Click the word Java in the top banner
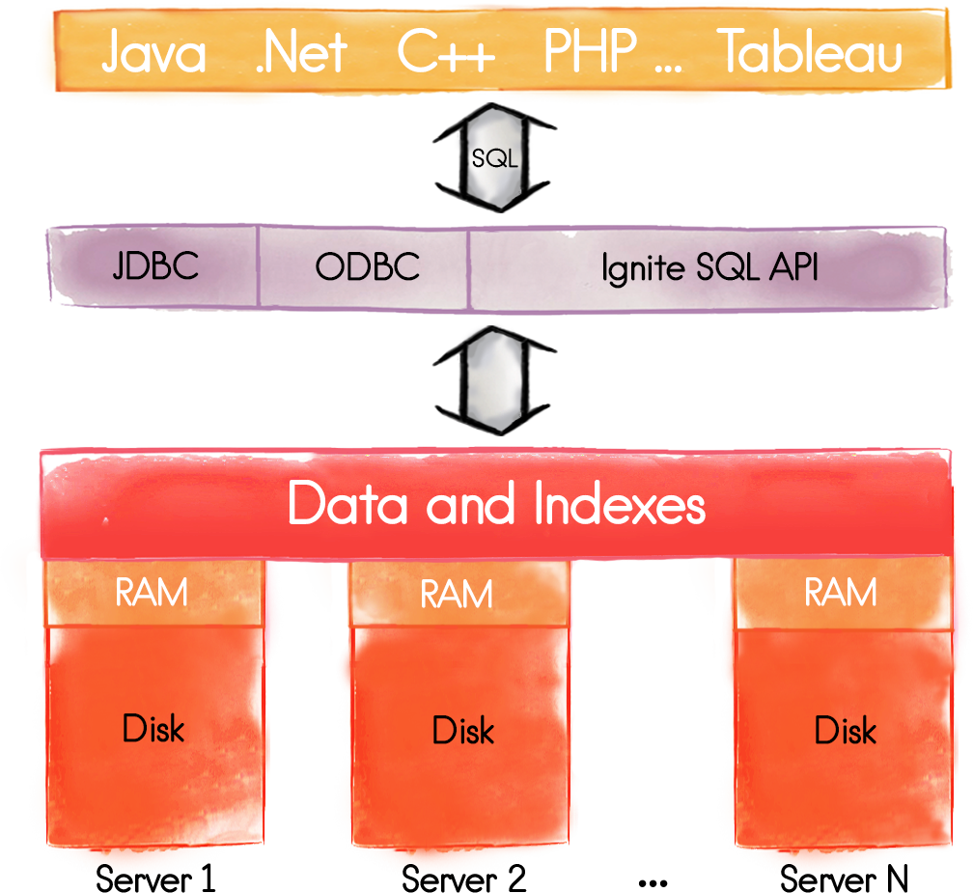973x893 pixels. click(153, 52)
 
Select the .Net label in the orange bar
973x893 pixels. click(300, 52)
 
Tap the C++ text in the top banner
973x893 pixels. click(446, 52)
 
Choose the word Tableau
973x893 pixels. click(811, 52)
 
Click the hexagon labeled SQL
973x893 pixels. click(494, 158)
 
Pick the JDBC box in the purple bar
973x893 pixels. click(155, 266)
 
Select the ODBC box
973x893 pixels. click(367, 266)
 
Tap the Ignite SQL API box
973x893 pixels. click(709, 267)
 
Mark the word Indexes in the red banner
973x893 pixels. click(618, 505)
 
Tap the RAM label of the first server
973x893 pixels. click(152, 593)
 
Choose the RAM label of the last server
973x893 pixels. click(841, 592)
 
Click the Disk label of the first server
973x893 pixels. click(153, 728)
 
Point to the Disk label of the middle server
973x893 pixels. click(463, 730)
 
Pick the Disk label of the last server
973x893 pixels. click(846, 730)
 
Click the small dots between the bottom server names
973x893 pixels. click(653, 882)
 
